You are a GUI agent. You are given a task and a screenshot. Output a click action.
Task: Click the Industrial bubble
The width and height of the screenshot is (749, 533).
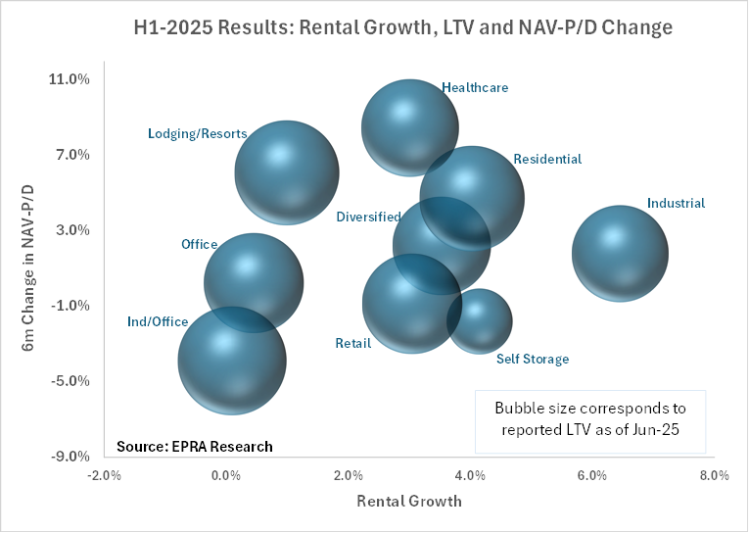coord(620,252)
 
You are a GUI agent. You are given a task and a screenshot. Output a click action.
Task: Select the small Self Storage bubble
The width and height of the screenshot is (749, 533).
coord(480,320)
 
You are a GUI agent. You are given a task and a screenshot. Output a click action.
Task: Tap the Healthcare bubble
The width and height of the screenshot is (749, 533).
coord(409,127)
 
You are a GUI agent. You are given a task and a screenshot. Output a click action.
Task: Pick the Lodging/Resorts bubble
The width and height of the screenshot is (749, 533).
coord(287,172)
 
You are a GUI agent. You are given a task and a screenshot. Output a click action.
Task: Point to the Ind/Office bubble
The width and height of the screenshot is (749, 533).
coord(232,360)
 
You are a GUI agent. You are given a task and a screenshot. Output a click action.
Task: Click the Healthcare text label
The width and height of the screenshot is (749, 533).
coord(475,87)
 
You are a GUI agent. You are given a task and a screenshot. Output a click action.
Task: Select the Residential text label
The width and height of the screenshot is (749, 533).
coord(547,159)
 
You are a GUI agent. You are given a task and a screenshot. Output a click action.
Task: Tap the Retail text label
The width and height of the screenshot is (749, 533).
coord(353,344)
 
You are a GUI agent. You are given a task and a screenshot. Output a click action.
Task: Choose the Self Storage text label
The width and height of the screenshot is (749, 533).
coord(532,359)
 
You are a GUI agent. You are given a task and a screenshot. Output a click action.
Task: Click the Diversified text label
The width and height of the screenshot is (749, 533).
coord(368,217)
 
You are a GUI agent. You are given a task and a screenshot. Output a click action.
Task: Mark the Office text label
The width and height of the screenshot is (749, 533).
coord(199,244)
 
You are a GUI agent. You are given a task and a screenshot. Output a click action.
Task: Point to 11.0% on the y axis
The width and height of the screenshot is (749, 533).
coord(70,79)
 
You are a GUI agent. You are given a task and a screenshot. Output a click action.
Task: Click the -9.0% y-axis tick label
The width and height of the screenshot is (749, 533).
coord(70,457)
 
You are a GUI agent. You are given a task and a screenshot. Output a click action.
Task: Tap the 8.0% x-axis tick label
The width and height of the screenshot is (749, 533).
coord(714,476)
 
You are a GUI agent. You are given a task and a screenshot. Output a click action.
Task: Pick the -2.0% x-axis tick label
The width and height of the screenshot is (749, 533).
coord(104,476)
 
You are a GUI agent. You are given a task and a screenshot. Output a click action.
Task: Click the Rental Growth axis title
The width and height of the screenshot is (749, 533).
coord(409,501)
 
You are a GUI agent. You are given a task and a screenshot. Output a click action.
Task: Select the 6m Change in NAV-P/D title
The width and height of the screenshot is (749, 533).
coord(29,267)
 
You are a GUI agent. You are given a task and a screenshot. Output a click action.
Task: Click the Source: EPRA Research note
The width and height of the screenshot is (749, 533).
coord(194,446)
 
